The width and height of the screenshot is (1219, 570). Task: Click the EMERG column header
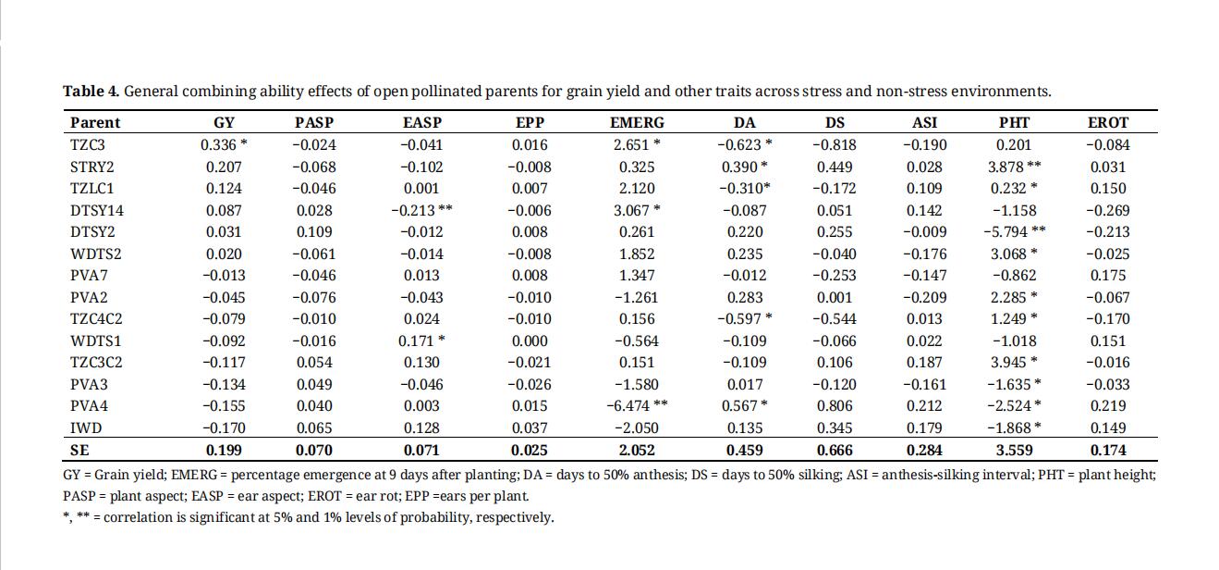pyautogui.click(x=637, y=123)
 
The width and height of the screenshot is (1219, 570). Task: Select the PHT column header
pyautogui.click(x=1014, y=123)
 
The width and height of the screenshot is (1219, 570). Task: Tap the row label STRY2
pyautogui.click(x=92, y=167)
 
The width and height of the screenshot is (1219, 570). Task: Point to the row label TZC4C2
pyautogui.click(x=96, y=319)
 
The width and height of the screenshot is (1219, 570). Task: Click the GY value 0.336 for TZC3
pyautogui.click(x=218, y=145)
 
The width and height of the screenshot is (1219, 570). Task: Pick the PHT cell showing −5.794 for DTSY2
pyautogui.click(x=1006, y=232)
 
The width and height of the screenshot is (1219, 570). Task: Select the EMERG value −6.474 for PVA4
pyautogui.click(x=628, y=406)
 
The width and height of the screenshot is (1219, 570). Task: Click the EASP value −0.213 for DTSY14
pyautogui.click(x=413, y=210)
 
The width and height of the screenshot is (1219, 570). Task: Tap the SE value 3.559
pyautogui.click(x=1015, y=450)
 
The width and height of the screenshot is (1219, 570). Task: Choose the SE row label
pyautogui.click(x=79, y=450)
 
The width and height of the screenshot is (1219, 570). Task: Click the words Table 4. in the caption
pyautogui.click(x=91, y=91)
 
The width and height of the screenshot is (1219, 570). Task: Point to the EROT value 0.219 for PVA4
pyautogui.click(x=1108, y=406)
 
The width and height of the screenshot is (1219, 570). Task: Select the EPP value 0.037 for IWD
pyautogui.click(x=530, y=428)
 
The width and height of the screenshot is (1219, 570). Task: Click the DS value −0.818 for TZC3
pyautogui.click(x=835, y=145)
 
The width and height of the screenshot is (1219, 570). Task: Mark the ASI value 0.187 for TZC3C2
pyautogui.click(x=924, y=363)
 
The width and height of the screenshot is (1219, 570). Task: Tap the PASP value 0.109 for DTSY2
pyautogui.click(x=314, y=232)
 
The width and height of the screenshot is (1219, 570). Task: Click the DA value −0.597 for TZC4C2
pyautogui.click(x=739, y=319)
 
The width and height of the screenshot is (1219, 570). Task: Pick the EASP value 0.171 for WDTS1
pyautogui.click(x=416, y=341)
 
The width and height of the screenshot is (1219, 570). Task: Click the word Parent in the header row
pyautogui.click(x=95, y=123)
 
